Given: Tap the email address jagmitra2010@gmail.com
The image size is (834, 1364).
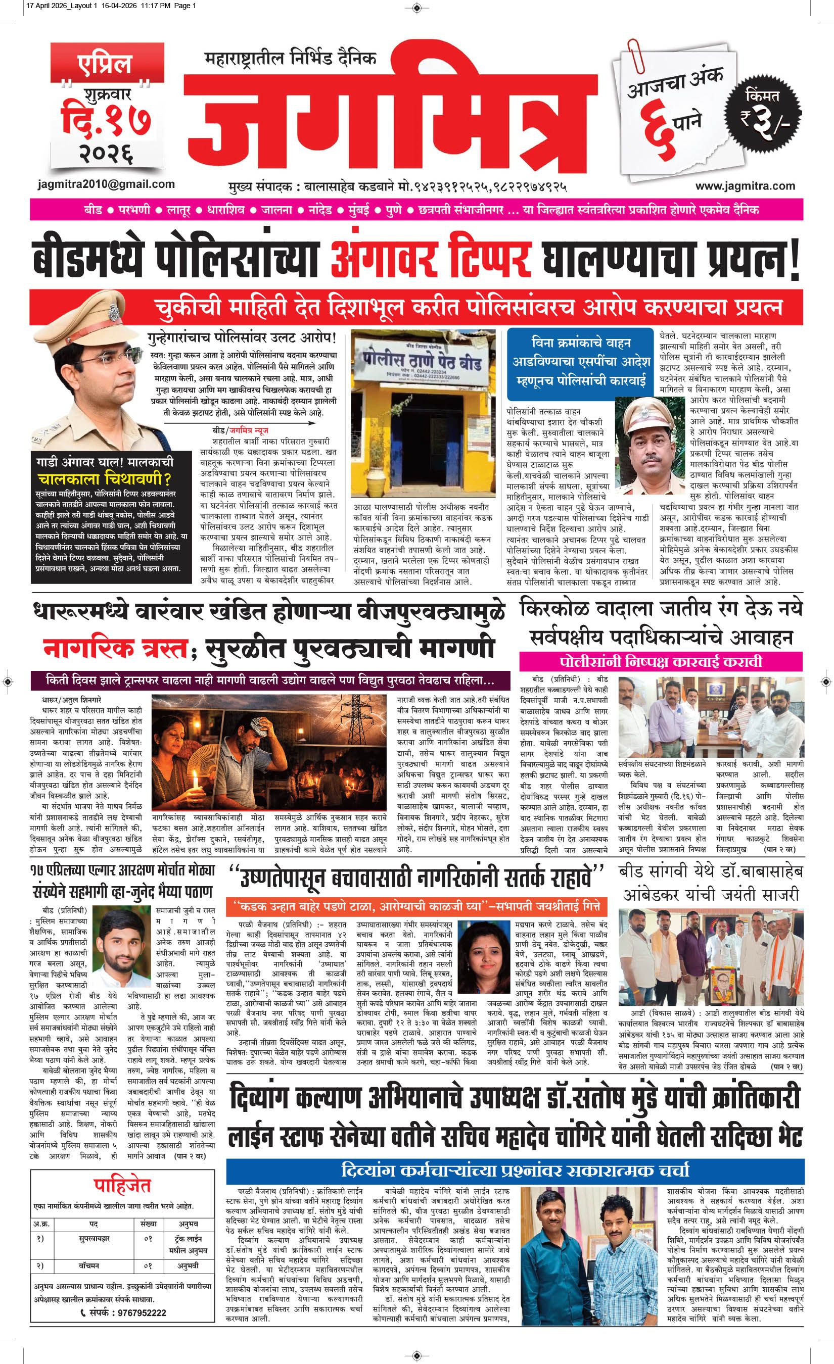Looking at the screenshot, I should click(104, 184).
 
